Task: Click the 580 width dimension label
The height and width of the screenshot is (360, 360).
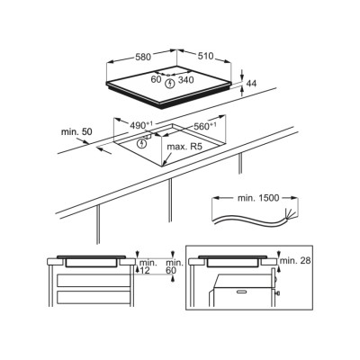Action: [x=143, y=57]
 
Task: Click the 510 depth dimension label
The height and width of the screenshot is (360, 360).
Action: [x=205, y=56]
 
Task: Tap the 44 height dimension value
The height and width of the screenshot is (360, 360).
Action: [x=251, y=84]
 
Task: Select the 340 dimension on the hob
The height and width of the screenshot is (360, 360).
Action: [x=186, y=80]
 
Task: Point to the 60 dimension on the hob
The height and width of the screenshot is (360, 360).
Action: [x=157, y=80]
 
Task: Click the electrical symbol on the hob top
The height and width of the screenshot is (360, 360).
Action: [x=170, y=84]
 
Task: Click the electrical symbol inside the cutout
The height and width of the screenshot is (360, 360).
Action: [x=141, y=143]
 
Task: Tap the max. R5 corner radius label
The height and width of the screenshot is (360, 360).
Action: [x=185, y=147]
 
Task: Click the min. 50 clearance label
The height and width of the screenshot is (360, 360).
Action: [x=76, y=131]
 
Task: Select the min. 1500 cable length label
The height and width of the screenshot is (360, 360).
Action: [x=258, y=198]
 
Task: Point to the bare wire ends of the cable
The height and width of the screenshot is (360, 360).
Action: [x=290, y=212]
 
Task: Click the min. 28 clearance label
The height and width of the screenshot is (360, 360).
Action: [x=295, y=260]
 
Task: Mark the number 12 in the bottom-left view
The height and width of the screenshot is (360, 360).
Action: [x=145, y=271]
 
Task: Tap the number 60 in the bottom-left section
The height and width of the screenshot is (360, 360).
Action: [x=171, y=271]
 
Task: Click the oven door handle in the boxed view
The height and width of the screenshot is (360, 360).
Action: [x=245, y=292]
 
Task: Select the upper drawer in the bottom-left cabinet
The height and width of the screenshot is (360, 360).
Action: [x=94, y=280]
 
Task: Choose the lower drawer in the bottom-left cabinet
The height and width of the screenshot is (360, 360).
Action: [x=94, y=298]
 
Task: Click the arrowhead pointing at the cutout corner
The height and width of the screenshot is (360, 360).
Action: [x=165, y=163]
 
